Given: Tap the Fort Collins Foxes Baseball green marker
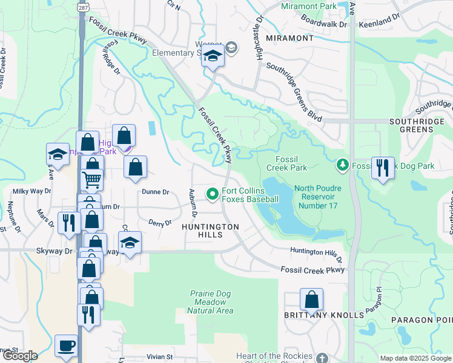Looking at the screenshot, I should tap(212, 194).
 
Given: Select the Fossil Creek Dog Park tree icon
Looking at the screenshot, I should tap(343, 165).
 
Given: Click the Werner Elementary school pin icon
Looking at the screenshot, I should tap(213, 57).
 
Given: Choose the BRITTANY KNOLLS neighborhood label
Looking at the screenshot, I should tap(324, 315).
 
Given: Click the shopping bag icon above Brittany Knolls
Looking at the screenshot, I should tap(311, 299).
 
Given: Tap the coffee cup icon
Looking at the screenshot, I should tap(66, 346).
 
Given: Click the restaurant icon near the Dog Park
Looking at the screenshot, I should tap(383, 168).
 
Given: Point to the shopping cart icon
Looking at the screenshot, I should tap(92, 178).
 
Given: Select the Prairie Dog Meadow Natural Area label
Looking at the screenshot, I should tap(210, 302).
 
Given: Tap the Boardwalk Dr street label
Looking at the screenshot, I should tap(326, 25).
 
